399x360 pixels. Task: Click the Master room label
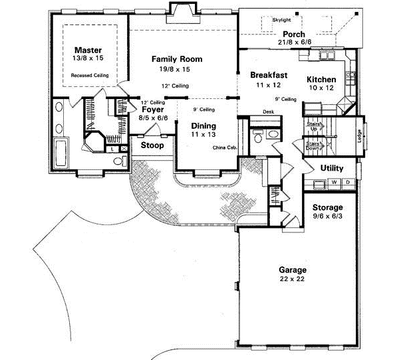[87, 50]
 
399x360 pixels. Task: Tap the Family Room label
[176, 59]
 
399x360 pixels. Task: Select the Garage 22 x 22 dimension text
[293, 280]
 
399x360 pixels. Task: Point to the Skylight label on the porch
[282, 20]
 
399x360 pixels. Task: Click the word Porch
[294, 34]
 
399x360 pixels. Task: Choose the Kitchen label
[321, 80]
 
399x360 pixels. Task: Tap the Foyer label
[153, 110]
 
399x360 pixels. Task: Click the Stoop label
[152, 145]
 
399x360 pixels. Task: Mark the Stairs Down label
[313, 145]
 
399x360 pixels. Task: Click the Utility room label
[332, 168]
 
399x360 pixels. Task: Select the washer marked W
[334, 181]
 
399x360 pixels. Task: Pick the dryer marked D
[347, 181]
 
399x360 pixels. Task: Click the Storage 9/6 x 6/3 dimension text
[327, 217]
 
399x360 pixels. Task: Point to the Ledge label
[359, 135]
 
